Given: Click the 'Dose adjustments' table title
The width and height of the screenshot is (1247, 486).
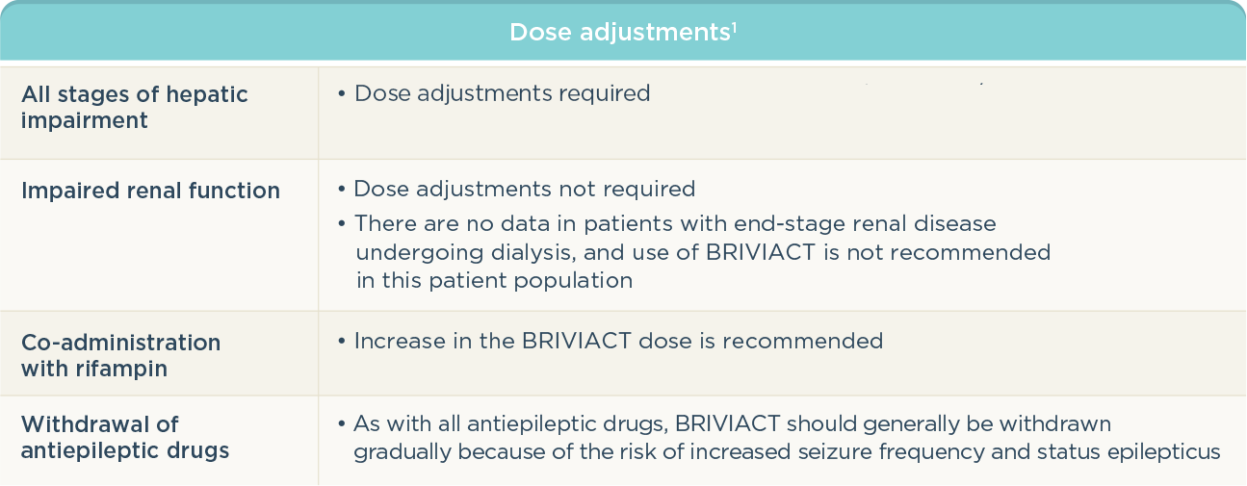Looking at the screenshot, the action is pos(619,33).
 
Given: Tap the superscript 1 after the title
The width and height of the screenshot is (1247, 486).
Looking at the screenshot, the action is pos(735,27).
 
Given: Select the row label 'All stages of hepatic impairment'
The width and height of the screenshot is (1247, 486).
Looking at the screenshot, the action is pos(134,108).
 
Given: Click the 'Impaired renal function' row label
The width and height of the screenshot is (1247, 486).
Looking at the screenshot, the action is pos(150,191).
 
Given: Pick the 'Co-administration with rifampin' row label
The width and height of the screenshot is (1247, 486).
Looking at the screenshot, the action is pos(120,355).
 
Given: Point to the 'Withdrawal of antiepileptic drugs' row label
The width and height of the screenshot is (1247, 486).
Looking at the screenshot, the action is pos(125,437).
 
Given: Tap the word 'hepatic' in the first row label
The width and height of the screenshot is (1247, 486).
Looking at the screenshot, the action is pos(206,94).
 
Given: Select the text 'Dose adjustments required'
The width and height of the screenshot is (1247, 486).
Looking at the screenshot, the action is pos(502,92).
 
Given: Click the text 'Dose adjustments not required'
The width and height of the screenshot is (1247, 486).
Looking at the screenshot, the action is pos(525,189).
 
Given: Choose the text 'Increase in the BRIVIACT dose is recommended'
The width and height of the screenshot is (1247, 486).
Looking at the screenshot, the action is pos(618,341).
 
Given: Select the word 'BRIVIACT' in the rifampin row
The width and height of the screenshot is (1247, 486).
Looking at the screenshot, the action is pos(576,341).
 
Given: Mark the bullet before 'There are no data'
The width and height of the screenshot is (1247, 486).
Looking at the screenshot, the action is pos(341,224).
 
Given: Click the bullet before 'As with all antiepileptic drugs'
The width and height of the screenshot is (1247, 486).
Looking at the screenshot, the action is pos(341,424).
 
